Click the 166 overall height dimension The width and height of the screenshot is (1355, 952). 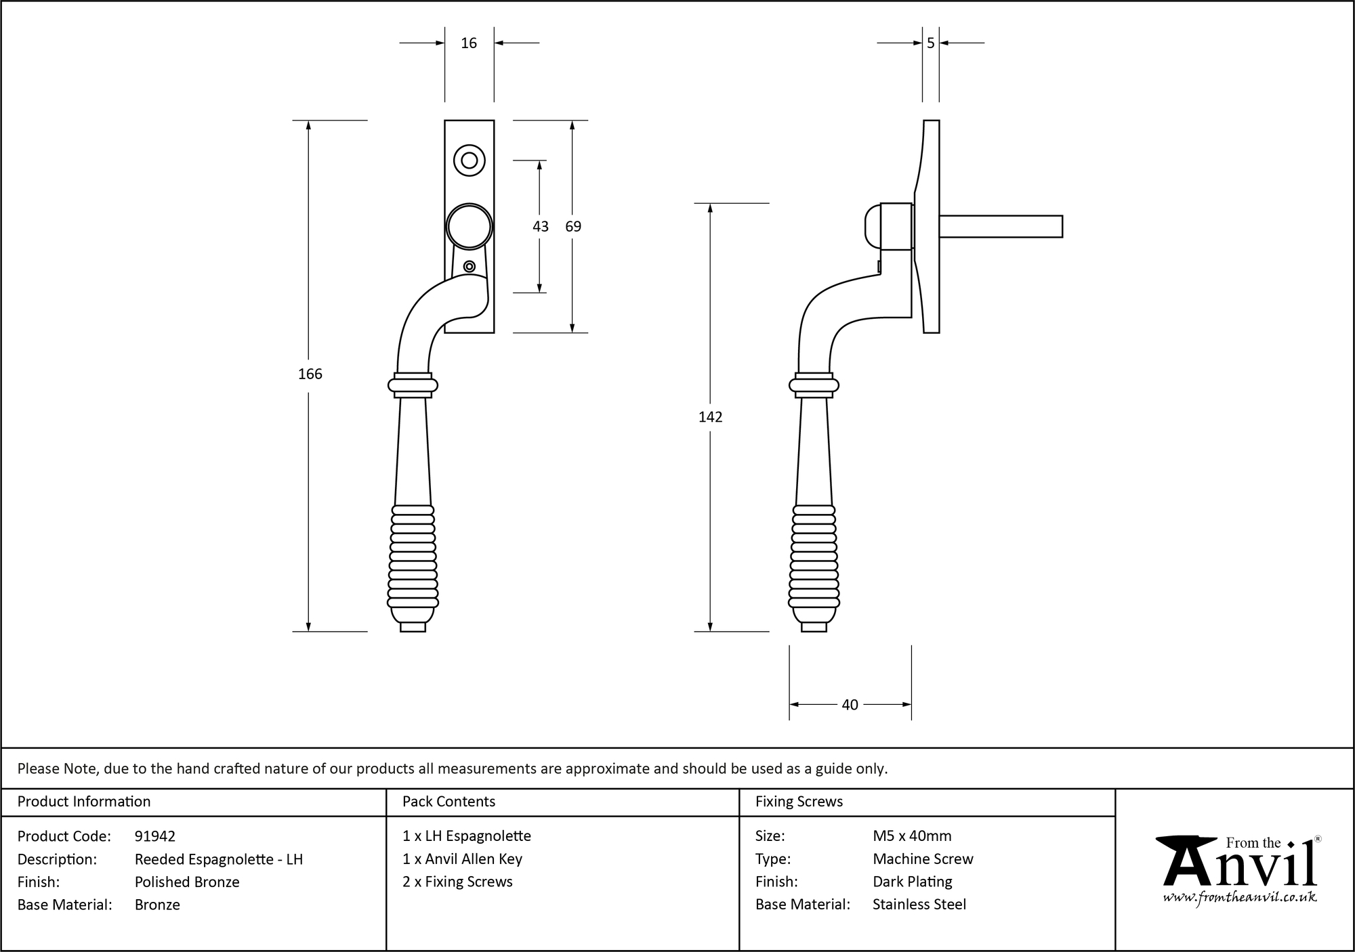coord(310,374)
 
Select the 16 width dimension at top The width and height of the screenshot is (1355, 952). coord(469,43)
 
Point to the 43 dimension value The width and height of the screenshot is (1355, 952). coord(540,227)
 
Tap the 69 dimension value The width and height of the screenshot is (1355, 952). coord(573,227)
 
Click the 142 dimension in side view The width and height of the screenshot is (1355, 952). coord(710,417)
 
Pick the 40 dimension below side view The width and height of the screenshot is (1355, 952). coord(850,705)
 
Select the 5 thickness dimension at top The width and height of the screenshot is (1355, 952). coord(930,43)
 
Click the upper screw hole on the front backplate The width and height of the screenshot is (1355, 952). coord(469,160)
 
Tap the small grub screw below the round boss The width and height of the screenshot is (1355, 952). coord(469,266)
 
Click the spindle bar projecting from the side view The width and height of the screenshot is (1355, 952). coord(1000,226)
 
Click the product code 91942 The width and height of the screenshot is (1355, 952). coord(155,836)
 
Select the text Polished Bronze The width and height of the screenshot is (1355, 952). coord(187,882)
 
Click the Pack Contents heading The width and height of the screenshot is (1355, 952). coord(449,802)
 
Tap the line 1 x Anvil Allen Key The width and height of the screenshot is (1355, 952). coord(462,859)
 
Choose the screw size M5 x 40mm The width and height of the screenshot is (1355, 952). coord(912,836)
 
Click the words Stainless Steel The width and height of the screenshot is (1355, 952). coord(919,904)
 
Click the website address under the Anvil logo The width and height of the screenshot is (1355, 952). coord(1240,897)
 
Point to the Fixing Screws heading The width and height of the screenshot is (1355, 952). coord(799,802)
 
